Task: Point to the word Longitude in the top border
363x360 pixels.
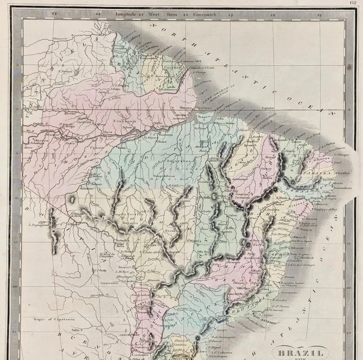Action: click(x=125, y=12)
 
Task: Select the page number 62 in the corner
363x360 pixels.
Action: click(x=353, y=3)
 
